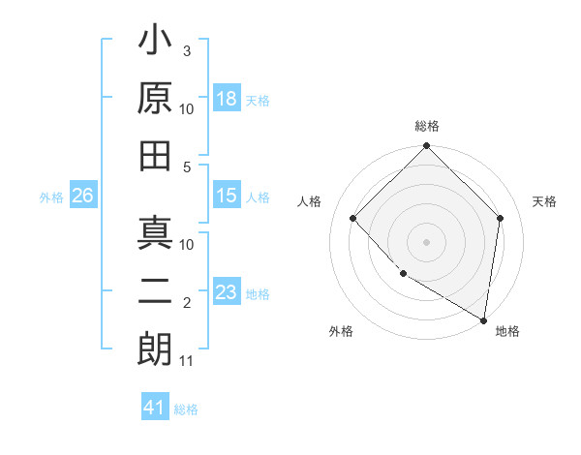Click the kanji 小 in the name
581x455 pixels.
click(156, 43)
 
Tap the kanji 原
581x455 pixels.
click(156, 99)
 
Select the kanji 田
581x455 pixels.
click(156, 154)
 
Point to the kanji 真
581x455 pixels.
click(156, 234)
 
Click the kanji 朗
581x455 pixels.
click(156, 348)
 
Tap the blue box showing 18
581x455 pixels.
click(227, 99)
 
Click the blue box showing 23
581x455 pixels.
click(227, 292)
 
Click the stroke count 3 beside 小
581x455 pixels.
click(186, 49)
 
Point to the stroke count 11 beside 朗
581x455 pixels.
click(187, 361)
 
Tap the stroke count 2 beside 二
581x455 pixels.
click(186, 304)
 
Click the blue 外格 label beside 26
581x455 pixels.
click(51, 197)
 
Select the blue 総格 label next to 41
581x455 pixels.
click(186, 409)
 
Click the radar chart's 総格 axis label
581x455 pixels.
click(426, 126)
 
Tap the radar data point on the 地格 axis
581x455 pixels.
click(483, 319)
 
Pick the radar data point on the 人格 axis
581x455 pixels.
click(353, 218)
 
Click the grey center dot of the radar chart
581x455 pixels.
click(426, 241)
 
